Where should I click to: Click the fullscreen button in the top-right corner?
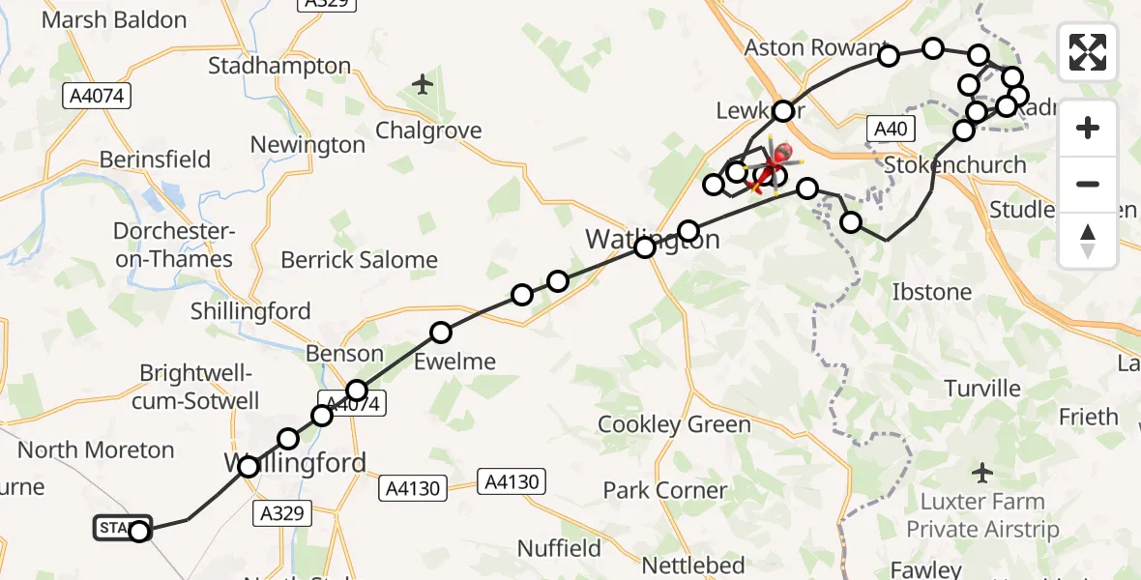point(1088,52)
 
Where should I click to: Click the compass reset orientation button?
point(1088,240)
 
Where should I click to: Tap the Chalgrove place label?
point(427,130)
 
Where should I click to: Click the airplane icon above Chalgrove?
point(422,85)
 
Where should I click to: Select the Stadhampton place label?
point(279,66)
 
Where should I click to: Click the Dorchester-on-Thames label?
point(173,246)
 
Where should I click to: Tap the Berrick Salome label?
point(359,260)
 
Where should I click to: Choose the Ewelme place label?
point(454,362)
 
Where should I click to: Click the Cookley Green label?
point(674,424)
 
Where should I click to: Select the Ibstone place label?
point(931,291)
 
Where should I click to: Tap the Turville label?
point(982,389)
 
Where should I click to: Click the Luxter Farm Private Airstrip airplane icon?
point(982,473)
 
